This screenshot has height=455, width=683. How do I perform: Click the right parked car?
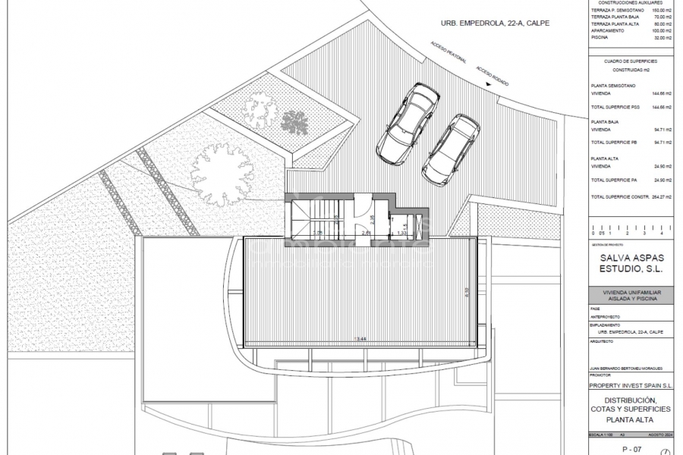[451, 149]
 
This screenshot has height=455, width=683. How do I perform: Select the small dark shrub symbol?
[294, 121]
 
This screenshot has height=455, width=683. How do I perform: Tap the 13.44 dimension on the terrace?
[361, 338]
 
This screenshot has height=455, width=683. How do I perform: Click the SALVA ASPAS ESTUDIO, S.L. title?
[631, 264]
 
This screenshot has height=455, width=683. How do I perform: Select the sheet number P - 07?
[631, 450]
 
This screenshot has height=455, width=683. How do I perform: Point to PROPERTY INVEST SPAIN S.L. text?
[631, 385]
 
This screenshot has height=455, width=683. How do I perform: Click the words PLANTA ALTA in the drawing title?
[631, 420]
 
